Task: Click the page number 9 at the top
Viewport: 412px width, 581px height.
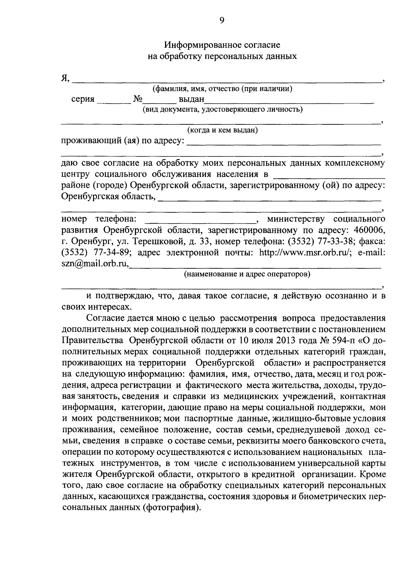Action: click(x=221, y=20)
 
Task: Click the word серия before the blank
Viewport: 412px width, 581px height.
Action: click(x=83, y=99)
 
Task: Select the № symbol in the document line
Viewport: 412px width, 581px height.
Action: click(x=138, y=99)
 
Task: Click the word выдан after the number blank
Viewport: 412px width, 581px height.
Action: click(x=191, y=100)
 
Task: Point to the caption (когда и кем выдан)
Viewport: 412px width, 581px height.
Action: click(x=222, y=130)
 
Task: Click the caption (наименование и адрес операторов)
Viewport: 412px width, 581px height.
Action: click(x=247, y=275)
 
